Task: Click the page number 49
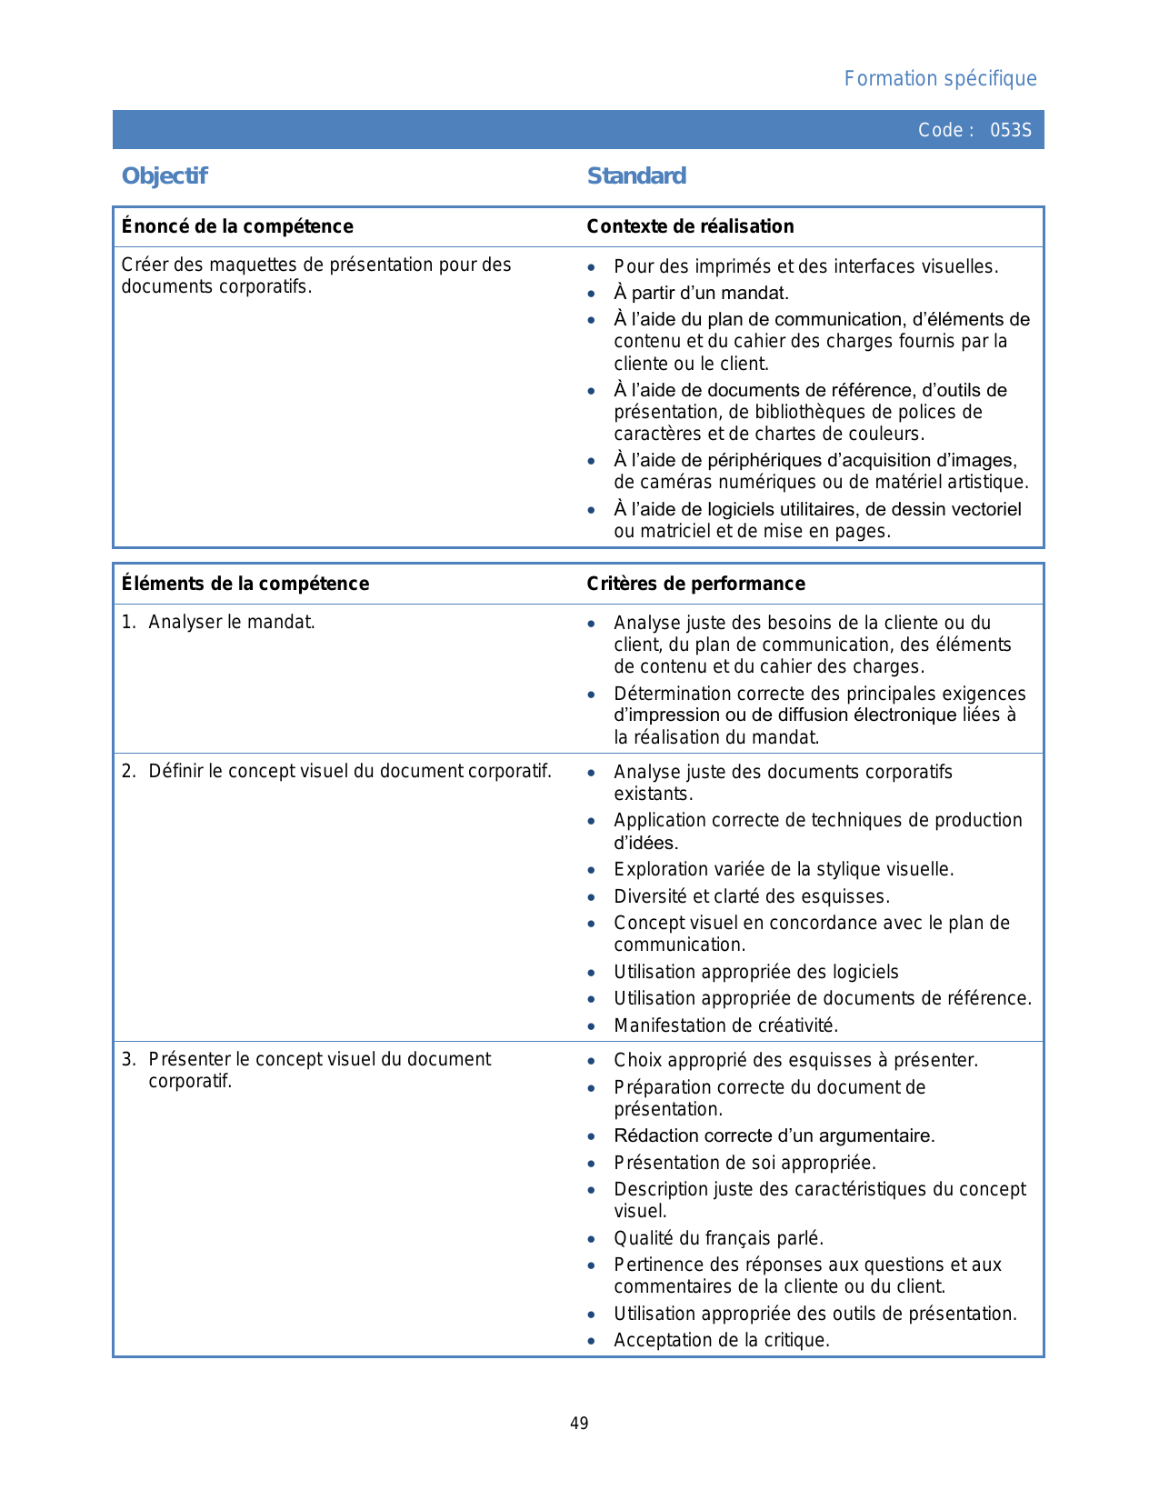pos(579,1424)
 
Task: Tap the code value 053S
pos(1011,130)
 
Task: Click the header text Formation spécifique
pos(940,79)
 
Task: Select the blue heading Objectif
pos(165,176)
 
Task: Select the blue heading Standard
pos(636,176)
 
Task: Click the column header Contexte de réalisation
pos(690,226)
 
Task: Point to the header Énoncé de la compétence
pos(237,226)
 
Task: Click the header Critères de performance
pos(695,584)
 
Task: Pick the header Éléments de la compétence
pos(245,584)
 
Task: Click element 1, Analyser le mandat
pos(231,623)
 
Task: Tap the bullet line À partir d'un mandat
pos(701,293)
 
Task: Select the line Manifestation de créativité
pos(725,1025)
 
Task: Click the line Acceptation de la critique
pos(722,1340)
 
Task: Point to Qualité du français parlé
pos(718,1238)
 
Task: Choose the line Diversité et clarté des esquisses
pos(751,896)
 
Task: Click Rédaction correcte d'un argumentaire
pos(774,1135)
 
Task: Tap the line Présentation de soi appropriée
pos(744,1163)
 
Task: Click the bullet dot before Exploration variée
pos(592,870)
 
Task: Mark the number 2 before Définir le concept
pos(128,772)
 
